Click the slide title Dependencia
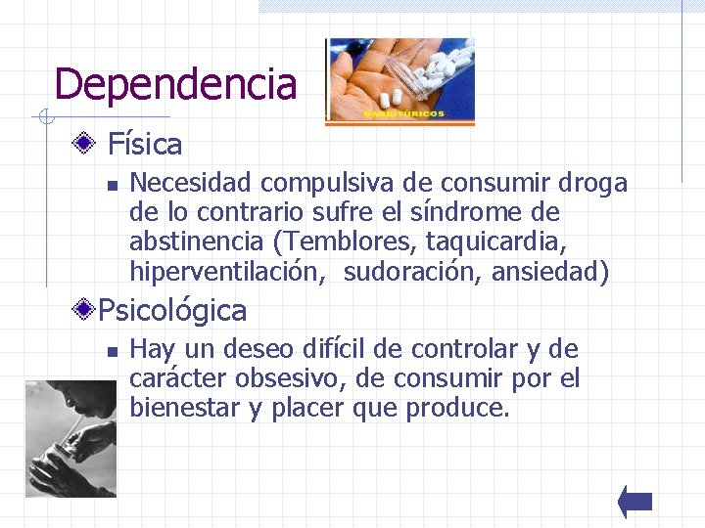pyautogui.click(x=175, y=84)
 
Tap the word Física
pyautogui.click(x=145, y=145)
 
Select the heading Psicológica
pyautogui.click(x=172, y=311)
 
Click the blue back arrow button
pyautogui.click(x=635, y=502)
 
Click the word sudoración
pyautogui.click(x=406, y=271)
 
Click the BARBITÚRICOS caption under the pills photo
pyautogui.click(x=403, y=114)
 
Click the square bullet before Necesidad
pyautogui.click(x=113, y=184)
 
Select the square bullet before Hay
pyautogui.click(x=113, y=350)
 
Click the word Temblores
pyautogui.click(x=364, y=242)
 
